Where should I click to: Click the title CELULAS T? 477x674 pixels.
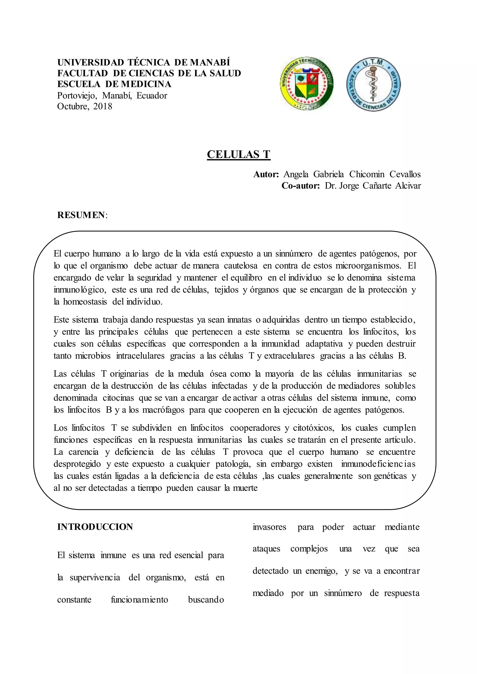coord(238,154)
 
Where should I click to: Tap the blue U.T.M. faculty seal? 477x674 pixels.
coord(373,84)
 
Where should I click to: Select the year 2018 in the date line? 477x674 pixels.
coord(103,106)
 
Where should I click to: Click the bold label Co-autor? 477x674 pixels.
coord(300,185)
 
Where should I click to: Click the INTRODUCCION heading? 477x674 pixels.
coord(95,527)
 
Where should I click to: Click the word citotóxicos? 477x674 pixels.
coord(314,428)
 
